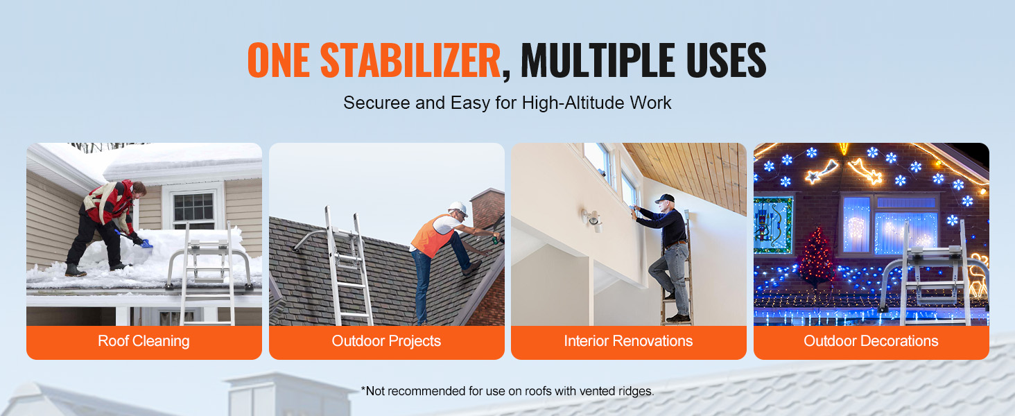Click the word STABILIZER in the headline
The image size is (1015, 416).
pos(410,60)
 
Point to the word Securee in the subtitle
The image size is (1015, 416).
pos(377,103)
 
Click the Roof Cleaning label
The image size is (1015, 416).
pos(144,341)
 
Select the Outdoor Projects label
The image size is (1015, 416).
pos(386,341)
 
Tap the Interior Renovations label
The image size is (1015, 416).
pos(629,341)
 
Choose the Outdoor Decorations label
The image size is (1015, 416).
pos(871,341)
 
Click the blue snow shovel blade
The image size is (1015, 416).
pos(146,244)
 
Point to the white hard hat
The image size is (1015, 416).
pos(458,209)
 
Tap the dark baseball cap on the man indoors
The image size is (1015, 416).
pos(665,198)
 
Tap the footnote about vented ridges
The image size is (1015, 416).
pos(507,391)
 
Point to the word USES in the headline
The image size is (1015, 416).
pos(725,60)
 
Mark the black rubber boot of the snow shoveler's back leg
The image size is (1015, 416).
pos(75,270)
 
